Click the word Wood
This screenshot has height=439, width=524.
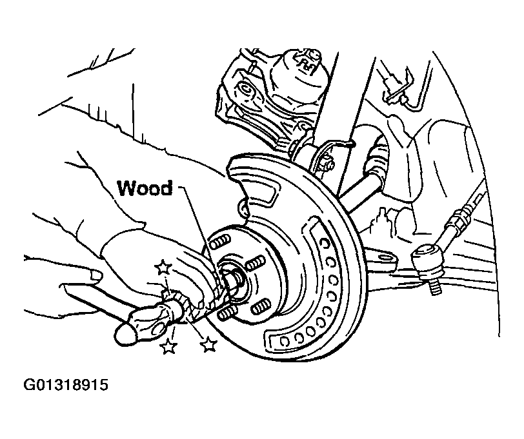[x=145, y=188]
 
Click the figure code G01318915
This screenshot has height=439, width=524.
[x=66, y=385]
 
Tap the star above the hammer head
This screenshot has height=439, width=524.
[x=163, y=267]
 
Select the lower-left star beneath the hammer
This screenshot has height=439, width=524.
[x=168, y=347]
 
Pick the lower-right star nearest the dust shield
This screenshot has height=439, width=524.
[x=209, y=344]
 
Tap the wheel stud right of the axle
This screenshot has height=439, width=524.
[x=255, y=262]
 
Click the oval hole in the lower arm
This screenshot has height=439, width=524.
[x=385, y=257]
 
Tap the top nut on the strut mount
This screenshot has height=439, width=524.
[x=314, y=54]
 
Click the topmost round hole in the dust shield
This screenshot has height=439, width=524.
[x=324, y=242]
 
